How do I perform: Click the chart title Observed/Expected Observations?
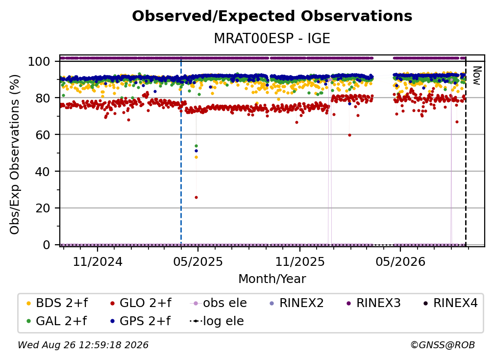click(272, 16)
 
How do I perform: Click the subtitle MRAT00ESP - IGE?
click(272, 38)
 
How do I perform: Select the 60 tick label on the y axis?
click(43, 134)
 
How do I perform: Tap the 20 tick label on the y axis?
click(43, 208)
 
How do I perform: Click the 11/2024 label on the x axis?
click(98, 261)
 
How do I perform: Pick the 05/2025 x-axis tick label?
click(198, 261)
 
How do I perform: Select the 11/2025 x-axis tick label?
click(300, 261)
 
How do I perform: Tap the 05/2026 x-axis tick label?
click(400, 261)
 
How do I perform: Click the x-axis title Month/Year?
click(272, 279)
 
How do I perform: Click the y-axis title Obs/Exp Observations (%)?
click(15, 154)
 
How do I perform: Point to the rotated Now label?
click(477, 76)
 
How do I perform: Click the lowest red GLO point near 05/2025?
click(196, 197)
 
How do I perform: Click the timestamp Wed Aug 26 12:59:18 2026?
click(83, 345)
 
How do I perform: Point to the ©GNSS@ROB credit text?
click(443, 345)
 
